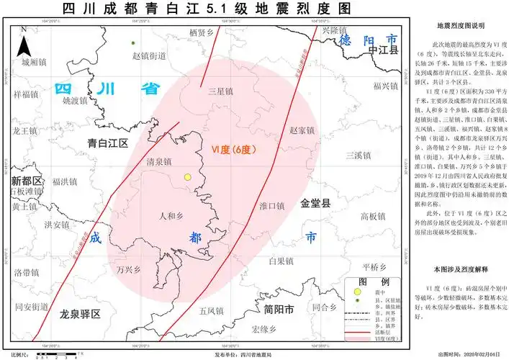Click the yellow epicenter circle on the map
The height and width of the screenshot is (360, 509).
pos(188,176)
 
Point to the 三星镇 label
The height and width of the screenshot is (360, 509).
pos(220,92)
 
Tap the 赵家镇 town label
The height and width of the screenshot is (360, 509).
pos(302,130)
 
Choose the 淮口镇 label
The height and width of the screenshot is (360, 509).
pos(271,206)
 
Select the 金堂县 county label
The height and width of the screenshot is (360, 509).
pos(315,204)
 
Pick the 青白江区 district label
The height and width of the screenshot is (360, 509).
pos(106,143)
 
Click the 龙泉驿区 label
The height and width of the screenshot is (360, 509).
pos(80,314)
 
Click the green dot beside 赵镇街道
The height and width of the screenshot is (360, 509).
pos(133,44)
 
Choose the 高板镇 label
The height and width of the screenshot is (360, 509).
pos(374,216)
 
